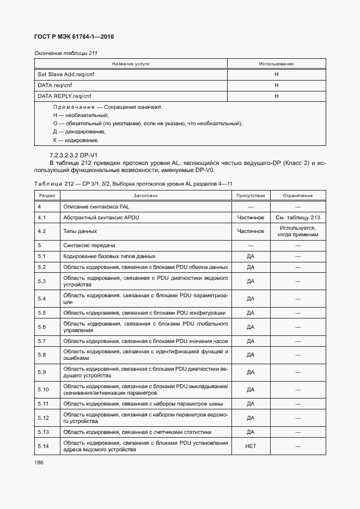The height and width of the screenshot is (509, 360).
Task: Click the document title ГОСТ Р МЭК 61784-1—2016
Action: coord(74,36)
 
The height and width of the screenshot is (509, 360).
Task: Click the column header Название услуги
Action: coord(131,64)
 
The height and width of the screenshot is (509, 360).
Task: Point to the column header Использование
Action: coord(276,64)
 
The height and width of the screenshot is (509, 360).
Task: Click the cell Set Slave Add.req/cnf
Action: coord(65,75)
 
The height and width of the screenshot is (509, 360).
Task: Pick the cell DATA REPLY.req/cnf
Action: coord(64,96)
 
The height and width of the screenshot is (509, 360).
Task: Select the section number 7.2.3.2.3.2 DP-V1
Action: coord(81,155)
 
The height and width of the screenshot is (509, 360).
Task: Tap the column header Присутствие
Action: coord(251,195)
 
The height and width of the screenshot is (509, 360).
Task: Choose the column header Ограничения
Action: coord(297,195)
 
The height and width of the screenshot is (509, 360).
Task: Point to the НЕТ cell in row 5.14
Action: coord(251,447)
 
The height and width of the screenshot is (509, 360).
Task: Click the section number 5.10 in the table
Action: coord(44,390)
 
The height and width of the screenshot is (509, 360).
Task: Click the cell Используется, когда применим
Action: coord(297,231)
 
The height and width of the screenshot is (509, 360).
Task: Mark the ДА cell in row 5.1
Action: coord(251,256)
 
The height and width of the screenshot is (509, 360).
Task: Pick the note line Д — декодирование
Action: coord(79,132)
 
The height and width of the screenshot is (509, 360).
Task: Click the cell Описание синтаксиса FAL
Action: coord(96,207)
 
